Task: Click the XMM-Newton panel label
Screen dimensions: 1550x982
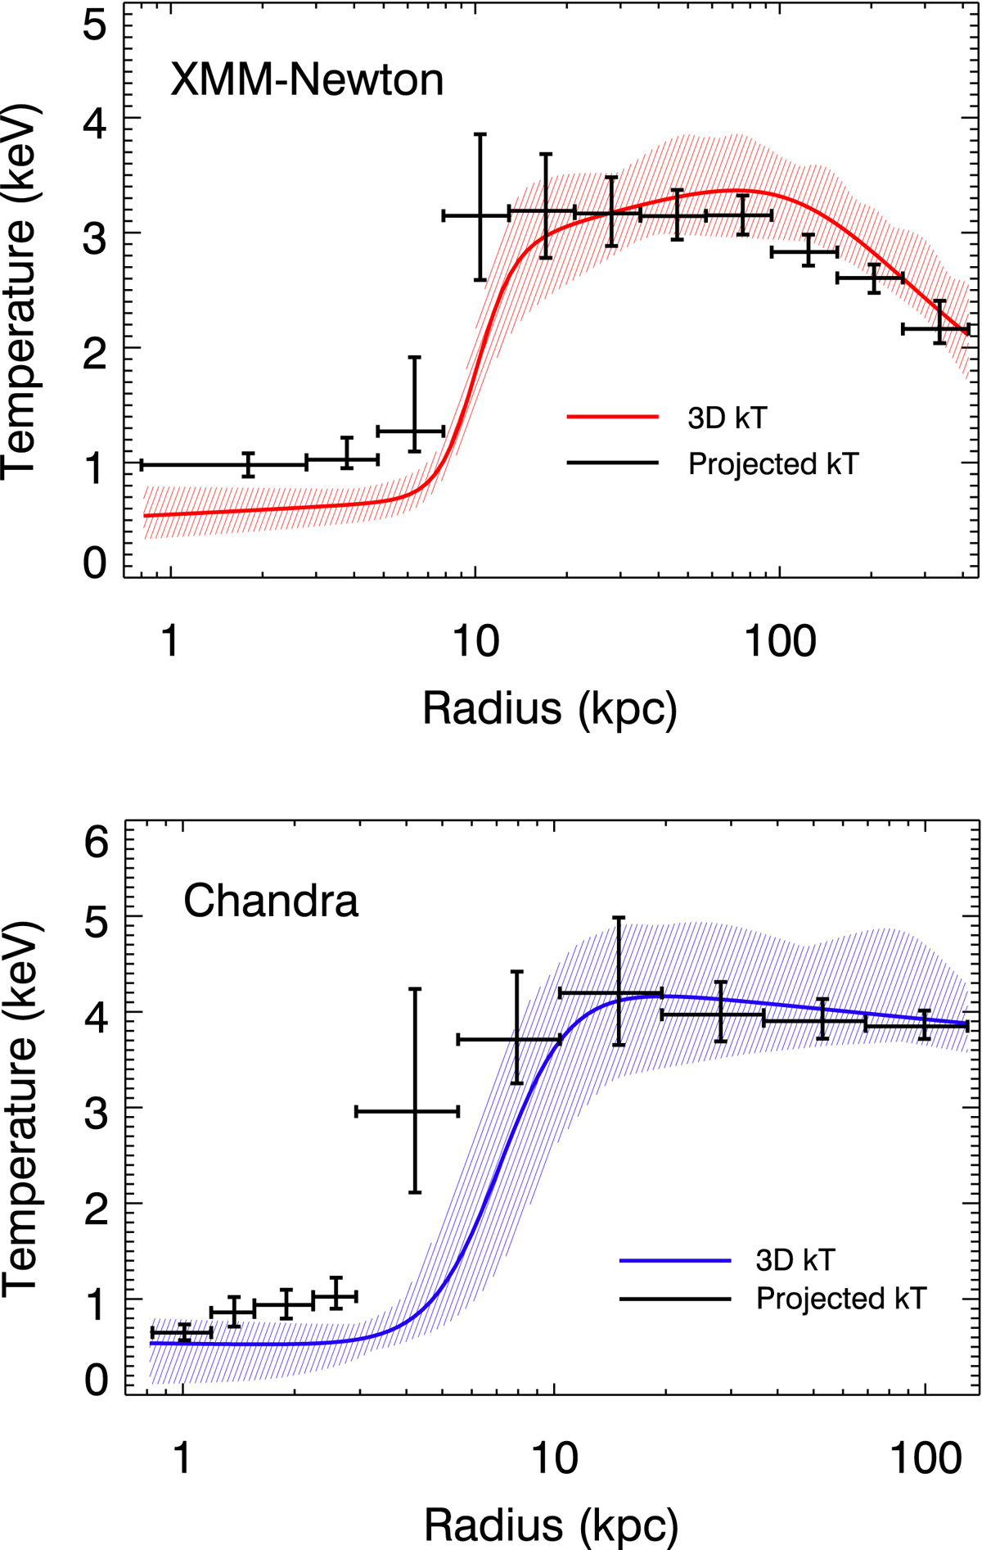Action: pyautogui.click(x=307, y=80)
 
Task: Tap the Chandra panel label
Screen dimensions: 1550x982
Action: pyautogui.click(x=271, y=902)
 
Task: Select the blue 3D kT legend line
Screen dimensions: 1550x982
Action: pyautogui.click(x=674, y=1261)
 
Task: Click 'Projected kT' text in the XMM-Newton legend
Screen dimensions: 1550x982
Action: pyautogui.click(x=773, y=464)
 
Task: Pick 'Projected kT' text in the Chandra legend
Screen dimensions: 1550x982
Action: pyautogui.click(x=841, y=1299)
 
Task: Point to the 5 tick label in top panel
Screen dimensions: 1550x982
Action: pyautogui.click(x=95, y=25)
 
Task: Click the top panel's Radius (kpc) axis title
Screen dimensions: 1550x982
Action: pyautogui.click(x=550, y=708)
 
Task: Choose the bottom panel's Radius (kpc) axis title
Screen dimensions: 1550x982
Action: pyautogui.click(x=551, y=1525)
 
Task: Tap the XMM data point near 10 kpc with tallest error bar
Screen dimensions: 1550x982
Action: pyautogui.click(x=480, y=216)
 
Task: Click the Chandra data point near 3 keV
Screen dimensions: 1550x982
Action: pyautogui.click(x=415, y=1111)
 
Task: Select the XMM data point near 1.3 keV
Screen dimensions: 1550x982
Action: pyautogui.click(x=415, y=431)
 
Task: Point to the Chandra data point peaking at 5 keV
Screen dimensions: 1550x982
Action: pyautogui.click(x=619, y=993)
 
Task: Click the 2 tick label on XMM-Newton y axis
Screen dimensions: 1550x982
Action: pyautogui.click(x=95, y=347)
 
